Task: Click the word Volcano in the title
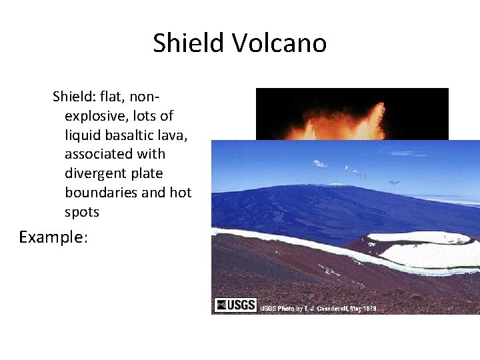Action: pos(279,43)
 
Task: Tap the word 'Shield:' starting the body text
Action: pos(73,97)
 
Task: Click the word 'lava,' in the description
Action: pos(171,135)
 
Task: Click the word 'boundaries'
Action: pos(99,193)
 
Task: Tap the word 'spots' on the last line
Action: pos(81,212)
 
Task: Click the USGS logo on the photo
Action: pos(235,305)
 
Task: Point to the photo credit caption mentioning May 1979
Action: pos(318,309)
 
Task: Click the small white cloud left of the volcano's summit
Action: pos(319,163)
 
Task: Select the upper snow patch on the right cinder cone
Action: pos(410,237)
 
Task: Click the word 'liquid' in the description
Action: pos(83,135)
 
